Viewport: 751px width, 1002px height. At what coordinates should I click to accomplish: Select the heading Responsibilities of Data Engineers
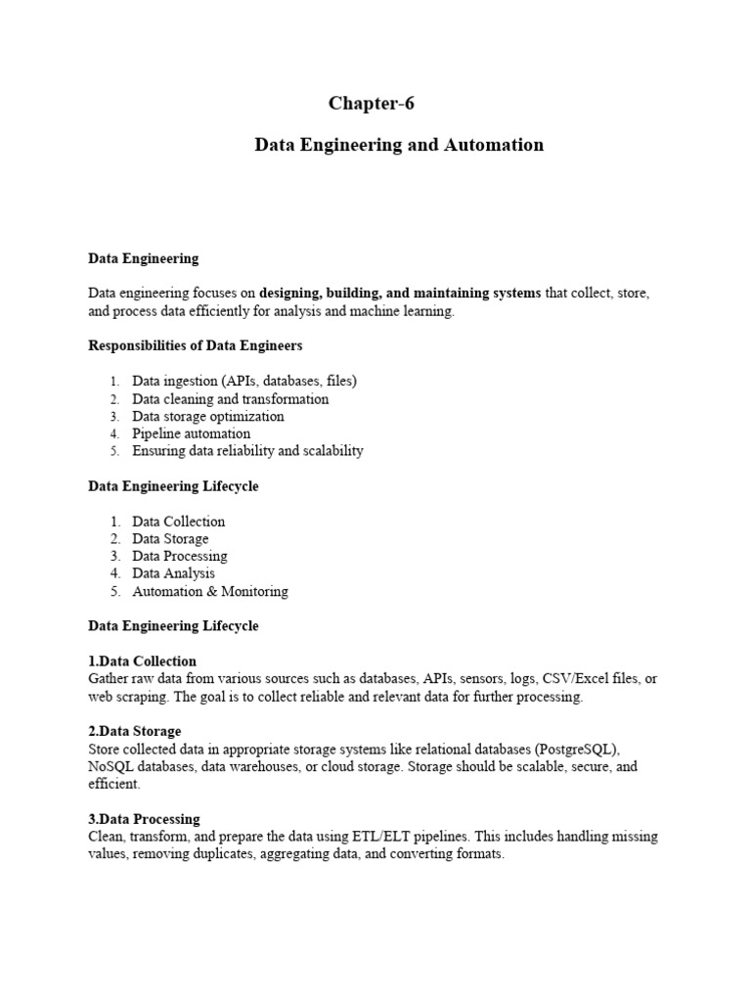[x=196, y=345]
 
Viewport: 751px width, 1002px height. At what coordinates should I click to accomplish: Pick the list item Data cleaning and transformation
[x=231, y=399]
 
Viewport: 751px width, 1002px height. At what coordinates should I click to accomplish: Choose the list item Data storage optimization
[x=208, y=417]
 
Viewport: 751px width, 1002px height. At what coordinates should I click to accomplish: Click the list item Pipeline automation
[x=192, y=433]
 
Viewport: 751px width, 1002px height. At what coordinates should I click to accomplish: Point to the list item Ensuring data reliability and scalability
[x=247, y=451]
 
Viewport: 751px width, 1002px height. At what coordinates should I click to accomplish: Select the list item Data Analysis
[x=174, y=573]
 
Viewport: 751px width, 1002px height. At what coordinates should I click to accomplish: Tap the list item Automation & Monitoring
[x=210, y=591]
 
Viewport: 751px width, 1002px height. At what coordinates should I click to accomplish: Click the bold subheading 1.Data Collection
[x=143, y=660]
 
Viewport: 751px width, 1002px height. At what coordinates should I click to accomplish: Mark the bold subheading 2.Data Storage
[x=135, y=731]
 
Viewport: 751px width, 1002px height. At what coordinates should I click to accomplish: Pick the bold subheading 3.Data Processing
[x=145, y=819]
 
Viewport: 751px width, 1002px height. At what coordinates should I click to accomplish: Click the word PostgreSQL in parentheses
[x=578, y=750]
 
